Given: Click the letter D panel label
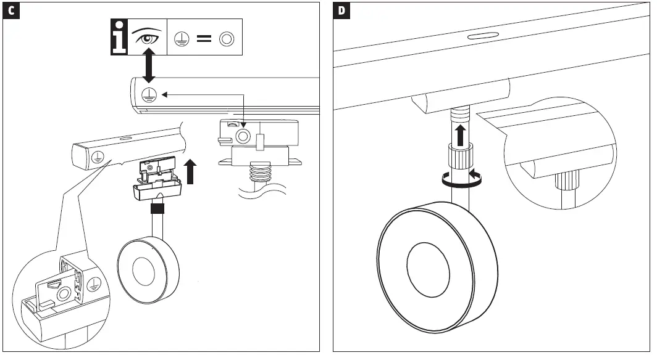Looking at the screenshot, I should coord(342,11).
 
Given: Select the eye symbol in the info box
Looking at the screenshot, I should coord(147,39).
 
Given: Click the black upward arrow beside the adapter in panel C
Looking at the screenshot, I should coord(192,171).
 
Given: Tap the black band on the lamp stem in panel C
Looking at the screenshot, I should coord(157,209).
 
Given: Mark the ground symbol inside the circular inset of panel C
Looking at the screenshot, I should coord(94,284).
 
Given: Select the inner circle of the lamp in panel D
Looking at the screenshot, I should coord(429,264).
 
